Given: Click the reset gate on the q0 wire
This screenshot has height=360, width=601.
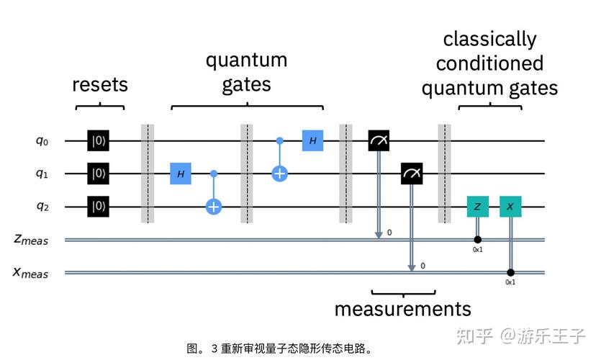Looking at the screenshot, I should click(97, 140).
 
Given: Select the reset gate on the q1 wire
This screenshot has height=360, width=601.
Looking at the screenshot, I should click(97, 174).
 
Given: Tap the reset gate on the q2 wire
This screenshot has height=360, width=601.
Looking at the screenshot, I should click(97, 207).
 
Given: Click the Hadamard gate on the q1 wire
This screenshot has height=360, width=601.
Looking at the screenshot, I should click(181, 174).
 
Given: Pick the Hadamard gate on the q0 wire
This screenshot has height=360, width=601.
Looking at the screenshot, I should click(312, 140).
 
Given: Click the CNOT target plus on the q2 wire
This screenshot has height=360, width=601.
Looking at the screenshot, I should click(214, 207).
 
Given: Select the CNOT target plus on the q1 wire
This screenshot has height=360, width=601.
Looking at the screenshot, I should click(279, 174).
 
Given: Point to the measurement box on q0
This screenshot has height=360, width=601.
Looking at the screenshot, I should click(379, 140).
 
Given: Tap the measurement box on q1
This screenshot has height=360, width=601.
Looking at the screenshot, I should click(412, 174).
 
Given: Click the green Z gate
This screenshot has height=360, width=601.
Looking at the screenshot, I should click(477, 207).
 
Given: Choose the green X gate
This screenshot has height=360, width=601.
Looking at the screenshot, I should click(510, 207).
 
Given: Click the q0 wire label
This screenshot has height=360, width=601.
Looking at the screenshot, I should click(41, 140).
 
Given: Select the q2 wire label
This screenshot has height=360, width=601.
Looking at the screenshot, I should click(41, 207).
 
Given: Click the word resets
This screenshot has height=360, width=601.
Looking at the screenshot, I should click(100, 85).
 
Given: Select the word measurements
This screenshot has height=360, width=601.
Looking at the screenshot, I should click(402, 310).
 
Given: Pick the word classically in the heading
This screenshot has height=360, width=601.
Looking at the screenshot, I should click(489, 39).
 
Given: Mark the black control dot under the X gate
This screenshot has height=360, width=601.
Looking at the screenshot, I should click(510, 273).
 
